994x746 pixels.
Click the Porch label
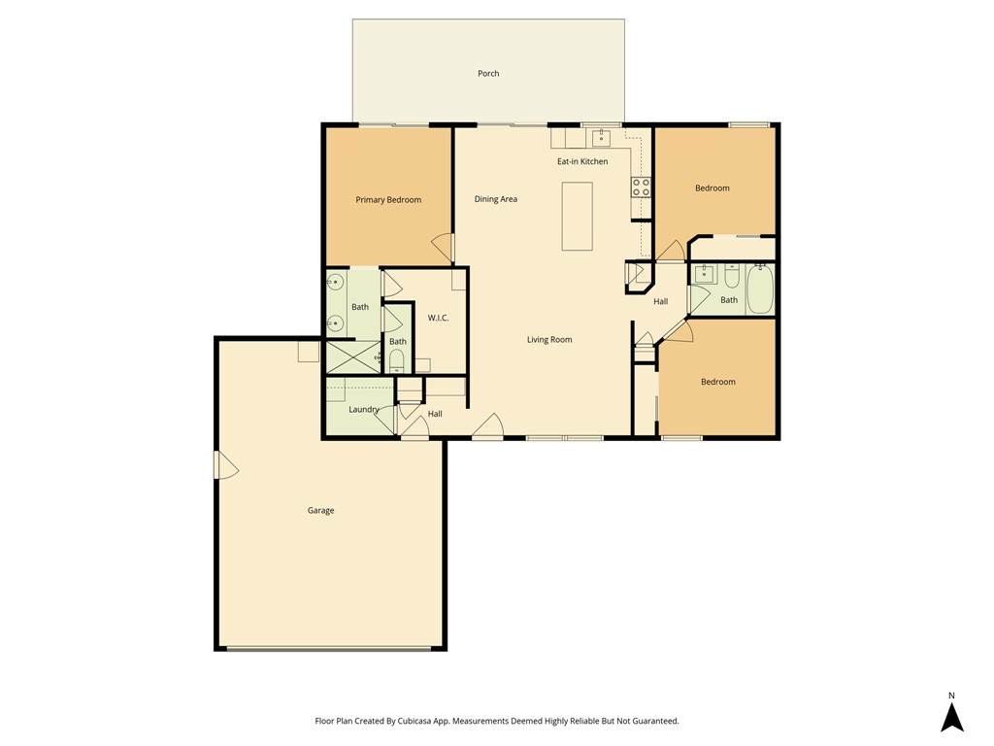coord(488,74)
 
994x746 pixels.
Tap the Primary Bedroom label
coord(388,200)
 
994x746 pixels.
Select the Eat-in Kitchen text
coord(582,162)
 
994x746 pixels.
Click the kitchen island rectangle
coord(577,217)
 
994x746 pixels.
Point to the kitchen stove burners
coord(641,187)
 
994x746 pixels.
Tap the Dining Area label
coord(496,199)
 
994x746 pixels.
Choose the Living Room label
coord(549,340)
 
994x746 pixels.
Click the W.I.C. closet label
coord(438,318)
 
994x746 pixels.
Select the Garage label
coord(320,511)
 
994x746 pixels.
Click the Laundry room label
coord(364,410)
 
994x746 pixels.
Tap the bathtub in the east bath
coord(760,289)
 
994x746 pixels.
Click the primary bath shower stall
coord(352,357)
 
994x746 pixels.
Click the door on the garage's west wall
coord(225,465)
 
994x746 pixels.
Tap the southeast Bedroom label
coord(718,382)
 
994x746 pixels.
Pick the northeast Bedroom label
coord(712,188)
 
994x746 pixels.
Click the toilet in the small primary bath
coord(397,360)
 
